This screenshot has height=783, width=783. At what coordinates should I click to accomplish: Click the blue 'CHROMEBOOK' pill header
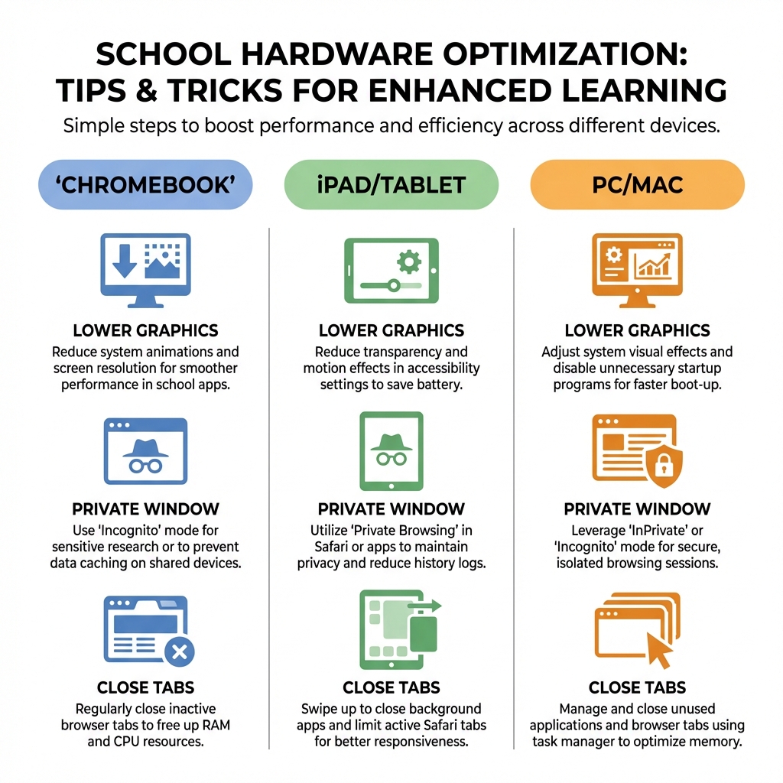145,184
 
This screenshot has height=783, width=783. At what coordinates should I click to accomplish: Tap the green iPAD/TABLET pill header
391,184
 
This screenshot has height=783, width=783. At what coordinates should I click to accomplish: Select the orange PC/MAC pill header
637,184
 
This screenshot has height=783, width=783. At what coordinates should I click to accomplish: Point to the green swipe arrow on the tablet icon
425,606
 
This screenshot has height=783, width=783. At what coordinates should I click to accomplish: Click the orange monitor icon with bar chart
637,270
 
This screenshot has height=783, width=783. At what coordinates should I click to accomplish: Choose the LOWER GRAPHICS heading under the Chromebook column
145,330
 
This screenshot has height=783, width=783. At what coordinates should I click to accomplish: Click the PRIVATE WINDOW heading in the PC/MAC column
637,509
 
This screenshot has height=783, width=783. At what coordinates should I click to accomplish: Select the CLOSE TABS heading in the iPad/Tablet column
391,687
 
